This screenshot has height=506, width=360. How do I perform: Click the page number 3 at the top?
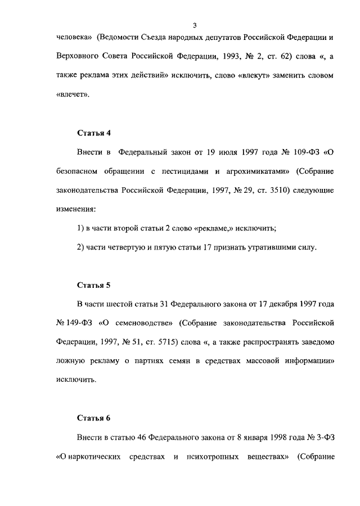[193, 25]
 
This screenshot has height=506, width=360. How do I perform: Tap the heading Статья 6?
[93, 418]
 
